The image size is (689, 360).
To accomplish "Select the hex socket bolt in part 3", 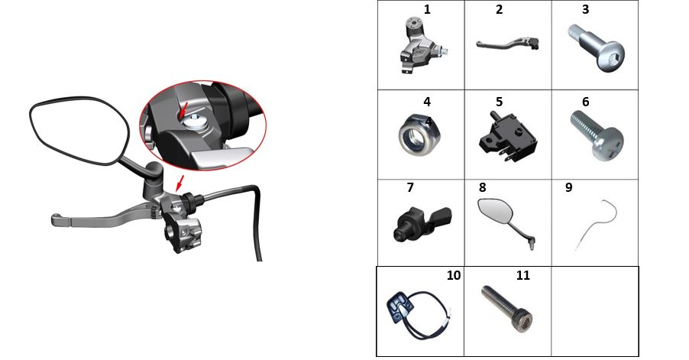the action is click(595, 47).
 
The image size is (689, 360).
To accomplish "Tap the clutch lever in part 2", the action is click(507, 44).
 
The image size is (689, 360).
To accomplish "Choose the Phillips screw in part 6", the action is click(597, 135).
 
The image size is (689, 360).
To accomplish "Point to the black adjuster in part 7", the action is click(422, 222).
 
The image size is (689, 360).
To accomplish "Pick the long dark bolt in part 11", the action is click(507, 309).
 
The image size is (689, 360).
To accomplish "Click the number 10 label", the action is click(454, 275).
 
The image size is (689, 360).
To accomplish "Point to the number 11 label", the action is click(523, 275).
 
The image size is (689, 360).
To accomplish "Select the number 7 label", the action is click(410, 188).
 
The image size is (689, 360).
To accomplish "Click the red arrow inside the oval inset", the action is click(184, 109).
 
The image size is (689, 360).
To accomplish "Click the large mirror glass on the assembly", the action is click(79, 131).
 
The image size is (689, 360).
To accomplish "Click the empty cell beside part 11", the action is click(595, 311).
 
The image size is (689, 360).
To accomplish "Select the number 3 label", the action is click(585, 10).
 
